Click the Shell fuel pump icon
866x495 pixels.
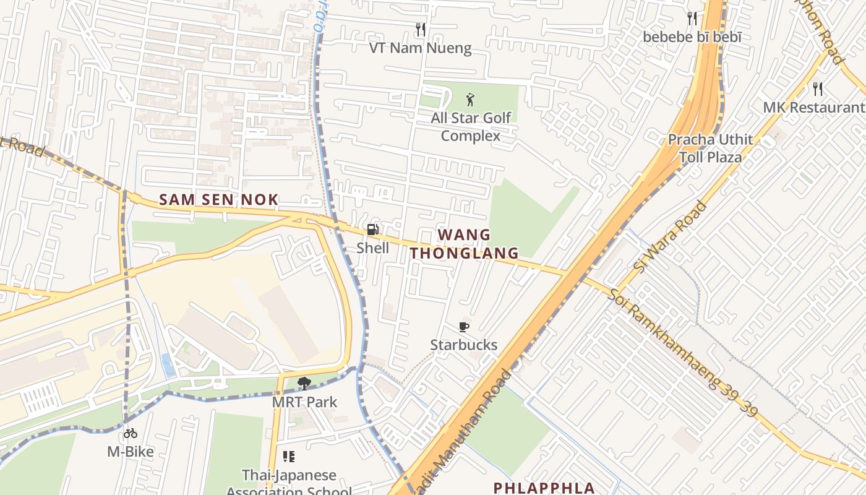click(372, 230)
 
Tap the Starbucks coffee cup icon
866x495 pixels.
click(464, 327)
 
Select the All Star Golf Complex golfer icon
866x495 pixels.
click(471, 99)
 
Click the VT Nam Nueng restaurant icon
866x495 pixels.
click(421, 29)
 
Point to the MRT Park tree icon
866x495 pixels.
click(304, 384)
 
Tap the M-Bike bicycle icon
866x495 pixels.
click(130, 433)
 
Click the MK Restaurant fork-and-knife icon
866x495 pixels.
click(818, 88)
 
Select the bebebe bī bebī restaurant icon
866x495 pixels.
click(692, 19)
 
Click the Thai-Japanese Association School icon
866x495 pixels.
click(289, 457)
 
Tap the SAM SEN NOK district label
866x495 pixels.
click(219, 200)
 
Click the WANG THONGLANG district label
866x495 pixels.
click(464, 244)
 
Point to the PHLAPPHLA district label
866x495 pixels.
click(544, 488)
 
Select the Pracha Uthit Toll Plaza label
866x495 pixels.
click(710, 148)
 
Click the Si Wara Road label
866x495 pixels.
click(671, 236)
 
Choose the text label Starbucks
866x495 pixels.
click(464, 345)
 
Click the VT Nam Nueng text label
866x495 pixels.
click(421, 48)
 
